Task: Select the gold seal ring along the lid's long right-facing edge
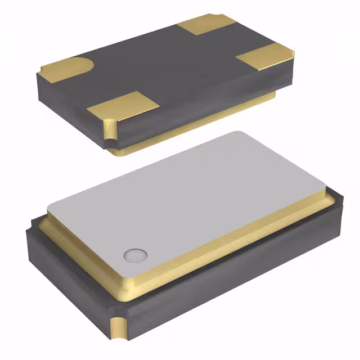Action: [242, 236]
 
